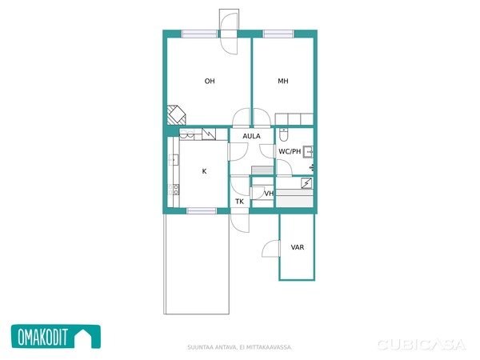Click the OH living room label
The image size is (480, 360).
[210, 81]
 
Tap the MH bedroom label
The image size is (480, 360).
[283, 81]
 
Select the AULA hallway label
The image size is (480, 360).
[252, 136]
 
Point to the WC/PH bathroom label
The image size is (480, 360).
[290, 151]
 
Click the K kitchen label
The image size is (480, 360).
[205, 171]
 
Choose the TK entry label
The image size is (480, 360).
[240, 202]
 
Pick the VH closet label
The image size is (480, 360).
[269, 194]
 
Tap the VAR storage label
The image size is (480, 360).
[298, 247]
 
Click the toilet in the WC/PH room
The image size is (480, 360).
[284, 135]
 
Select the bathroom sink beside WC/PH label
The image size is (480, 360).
[308, 152]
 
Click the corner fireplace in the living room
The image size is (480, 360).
[176, 114]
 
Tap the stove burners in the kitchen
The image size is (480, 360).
[174, 190]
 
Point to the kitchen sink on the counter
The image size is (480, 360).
[174, 160]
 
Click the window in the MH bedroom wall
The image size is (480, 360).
[278, 34]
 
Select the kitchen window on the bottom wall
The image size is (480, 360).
[202, 210]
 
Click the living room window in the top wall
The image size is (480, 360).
[199, 34]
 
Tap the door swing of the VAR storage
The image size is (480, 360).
[271, 248]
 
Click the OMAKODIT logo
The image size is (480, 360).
[56, 337]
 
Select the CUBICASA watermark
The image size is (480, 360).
[422, 345]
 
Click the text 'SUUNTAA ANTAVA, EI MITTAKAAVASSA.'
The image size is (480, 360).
[240, 347]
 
